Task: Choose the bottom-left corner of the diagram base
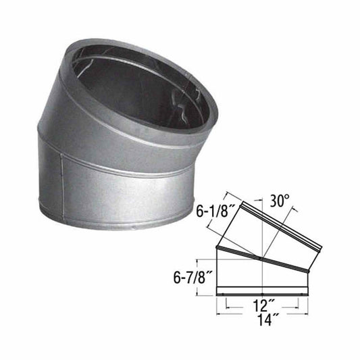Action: pyautogui.click(x=217, y=295)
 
